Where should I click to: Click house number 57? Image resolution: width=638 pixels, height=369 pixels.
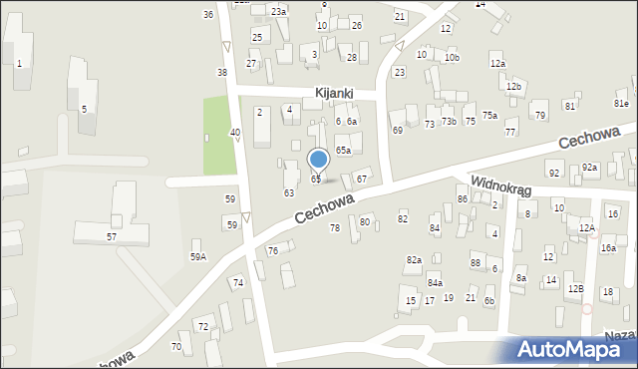point(112,236)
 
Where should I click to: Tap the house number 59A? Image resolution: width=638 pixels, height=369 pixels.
point(198,257)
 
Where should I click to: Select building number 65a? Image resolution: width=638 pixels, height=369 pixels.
point(342,150)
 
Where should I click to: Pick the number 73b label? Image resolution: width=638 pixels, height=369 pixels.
point(449,122)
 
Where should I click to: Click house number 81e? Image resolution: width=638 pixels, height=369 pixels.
point(621,104)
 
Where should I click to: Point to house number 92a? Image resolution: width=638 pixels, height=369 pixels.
point(589,168)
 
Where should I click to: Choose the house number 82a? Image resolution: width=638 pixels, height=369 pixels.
point(413,260)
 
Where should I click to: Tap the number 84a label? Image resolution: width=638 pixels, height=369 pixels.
point(435,283)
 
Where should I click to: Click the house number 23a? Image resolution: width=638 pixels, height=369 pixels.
point(278,11)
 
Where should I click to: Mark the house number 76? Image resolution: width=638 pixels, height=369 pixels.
point(272,250)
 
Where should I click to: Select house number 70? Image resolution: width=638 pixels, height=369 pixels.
point(175,347)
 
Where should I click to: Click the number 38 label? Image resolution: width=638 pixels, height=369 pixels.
point(221,73)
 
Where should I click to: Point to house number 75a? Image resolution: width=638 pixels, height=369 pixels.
point(489,116)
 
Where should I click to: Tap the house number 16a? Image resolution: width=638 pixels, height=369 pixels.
point(607,247)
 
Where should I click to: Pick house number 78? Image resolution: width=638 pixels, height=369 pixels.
point(335,228)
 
